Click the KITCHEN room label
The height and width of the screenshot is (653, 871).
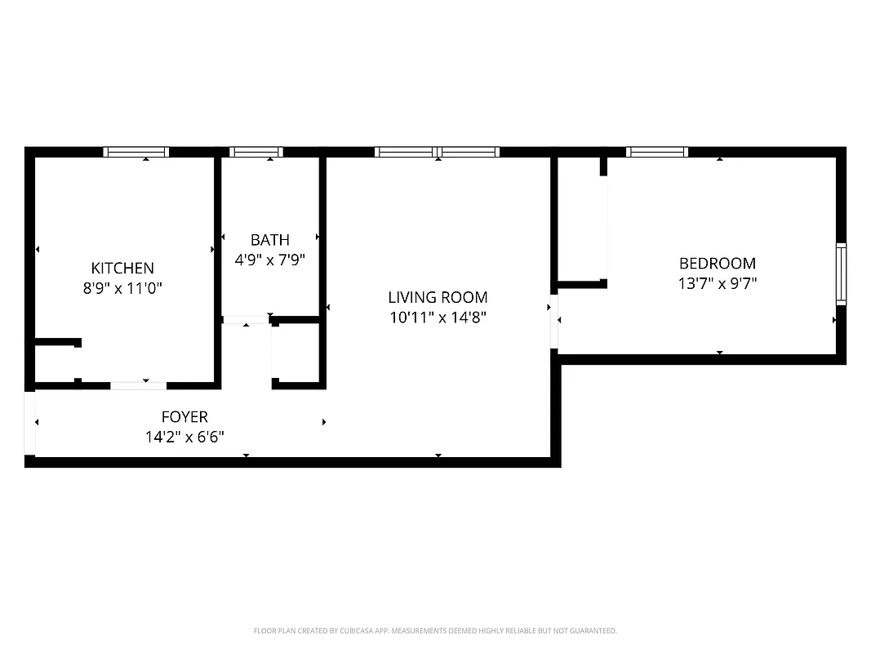point(122,268)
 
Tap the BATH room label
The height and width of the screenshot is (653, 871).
point(269,240)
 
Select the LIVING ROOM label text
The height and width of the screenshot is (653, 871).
point(438,297)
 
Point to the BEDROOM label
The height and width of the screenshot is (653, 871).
point(718,263)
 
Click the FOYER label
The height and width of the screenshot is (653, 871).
point(184,416)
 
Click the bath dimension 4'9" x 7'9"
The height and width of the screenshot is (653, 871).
point(269,260)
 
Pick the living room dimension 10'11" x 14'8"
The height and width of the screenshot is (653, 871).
point(438,318)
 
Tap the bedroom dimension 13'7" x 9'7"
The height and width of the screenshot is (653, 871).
point(718,283)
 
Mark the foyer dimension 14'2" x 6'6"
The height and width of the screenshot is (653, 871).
point(184,437)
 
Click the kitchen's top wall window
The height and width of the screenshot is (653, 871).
point(136,152)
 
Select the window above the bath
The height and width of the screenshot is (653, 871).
point(256,152)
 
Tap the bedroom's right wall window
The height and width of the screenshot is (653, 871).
point(841,273)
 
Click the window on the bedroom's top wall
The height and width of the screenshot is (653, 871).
point(657,152)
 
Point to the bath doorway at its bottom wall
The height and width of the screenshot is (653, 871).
point(246,319)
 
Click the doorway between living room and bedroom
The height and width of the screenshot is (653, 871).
point(555,321)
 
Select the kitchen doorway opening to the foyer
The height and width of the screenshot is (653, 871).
point(138,384)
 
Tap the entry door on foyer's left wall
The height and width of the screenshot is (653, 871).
point(30,424)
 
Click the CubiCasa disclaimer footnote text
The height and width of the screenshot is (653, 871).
point(435,631)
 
